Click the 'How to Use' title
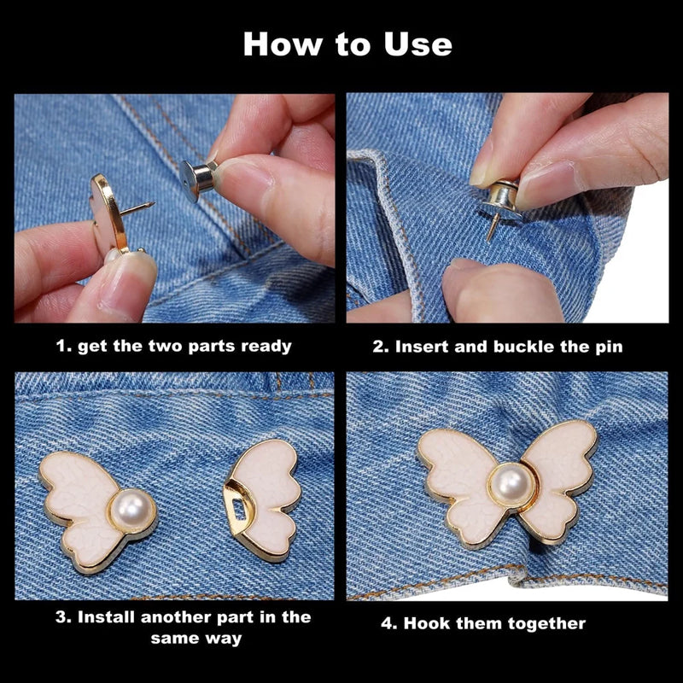pyautogui.click(x=347, y=44)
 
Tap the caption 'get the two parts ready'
pyautogui.click(x=174, y=346)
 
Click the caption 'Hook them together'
pyautogui.click(x=483, y=623)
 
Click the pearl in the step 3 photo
pyautogui.click(x=132, y=511)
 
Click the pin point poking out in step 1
pyautogui.click(x=150, y=205)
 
